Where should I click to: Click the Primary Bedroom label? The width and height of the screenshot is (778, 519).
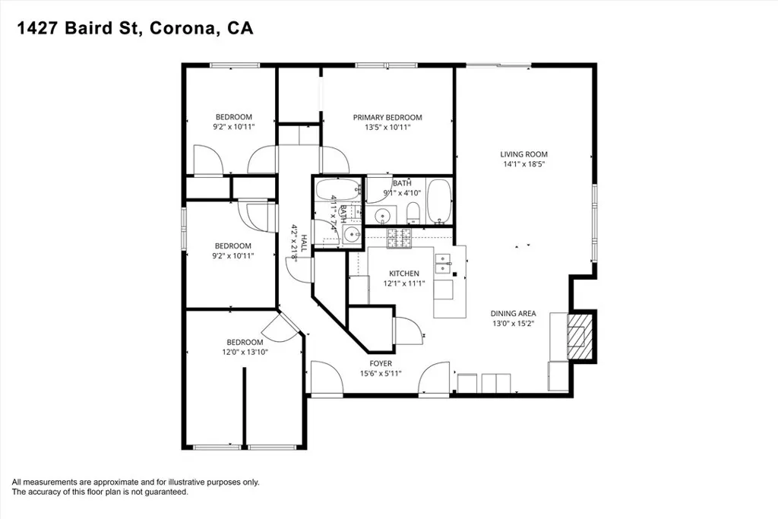coord(387,118)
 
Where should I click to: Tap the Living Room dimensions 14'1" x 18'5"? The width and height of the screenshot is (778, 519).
coord(523,164)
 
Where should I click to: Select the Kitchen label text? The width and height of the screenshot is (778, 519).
coord(404,274)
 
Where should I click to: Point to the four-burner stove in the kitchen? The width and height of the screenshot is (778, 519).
coord(399,238)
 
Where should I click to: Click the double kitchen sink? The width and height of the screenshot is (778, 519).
coord(443,264)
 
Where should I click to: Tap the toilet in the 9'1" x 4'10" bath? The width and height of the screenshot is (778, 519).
coord(413,214)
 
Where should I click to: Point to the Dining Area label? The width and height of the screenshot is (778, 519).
coord(513,314)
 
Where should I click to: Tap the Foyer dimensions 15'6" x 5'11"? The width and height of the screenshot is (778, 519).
coord(381,374)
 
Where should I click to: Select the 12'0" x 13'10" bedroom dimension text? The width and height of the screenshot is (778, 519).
coord(245,353)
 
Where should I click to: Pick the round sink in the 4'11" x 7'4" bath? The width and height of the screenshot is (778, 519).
coord(352,234)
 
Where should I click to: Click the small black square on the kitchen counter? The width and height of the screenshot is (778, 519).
coord(455,274)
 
